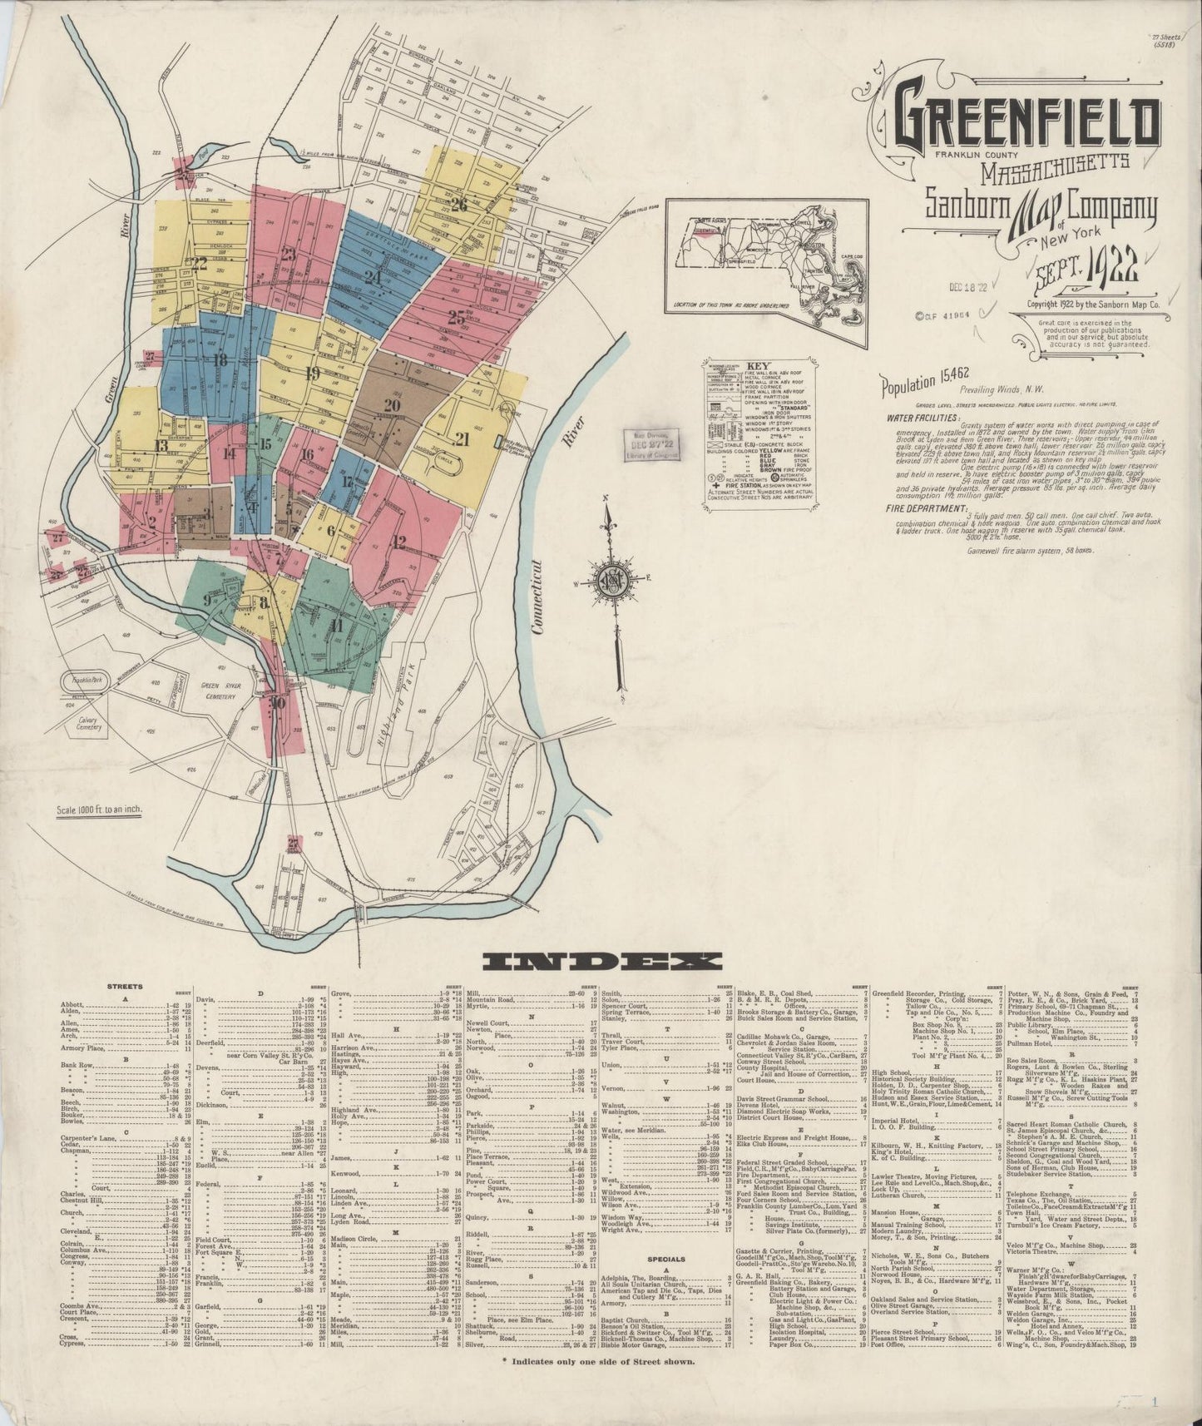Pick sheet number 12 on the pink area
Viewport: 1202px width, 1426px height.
398,542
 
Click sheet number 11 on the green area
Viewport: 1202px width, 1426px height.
336,626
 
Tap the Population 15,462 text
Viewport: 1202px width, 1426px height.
916,384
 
